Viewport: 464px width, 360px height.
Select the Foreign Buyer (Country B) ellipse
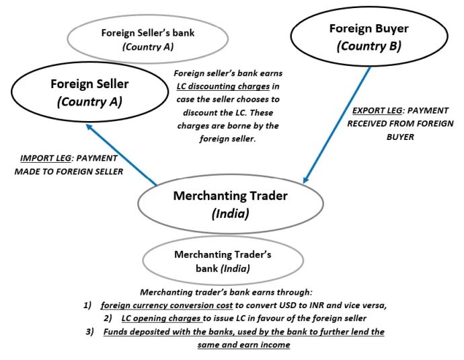click(369, 38)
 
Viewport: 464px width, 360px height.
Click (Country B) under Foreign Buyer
click(369, 46)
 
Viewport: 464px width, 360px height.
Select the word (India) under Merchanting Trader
click(230, 215)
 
